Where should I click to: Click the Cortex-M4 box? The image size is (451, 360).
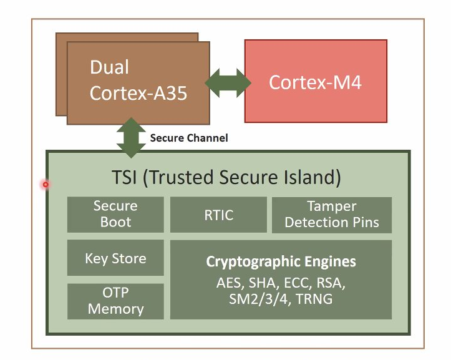coord(316,81)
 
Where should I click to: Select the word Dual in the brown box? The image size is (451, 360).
coord(109,67)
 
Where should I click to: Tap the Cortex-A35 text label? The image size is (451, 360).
coord(138,93)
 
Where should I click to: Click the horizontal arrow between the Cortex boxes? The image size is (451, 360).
coord(228,83)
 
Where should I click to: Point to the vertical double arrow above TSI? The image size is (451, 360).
coord(131,137)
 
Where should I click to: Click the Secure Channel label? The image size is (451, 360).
coord(189,138)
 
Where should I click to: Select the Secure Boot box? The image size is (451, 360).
coord(115,215)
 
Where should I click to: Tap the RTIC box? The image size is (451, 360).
coord(218,215)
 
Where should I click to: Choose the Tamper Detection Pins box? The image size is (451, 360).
coord(332,215)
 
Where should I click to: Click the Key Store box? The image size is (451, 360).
coord(115,258)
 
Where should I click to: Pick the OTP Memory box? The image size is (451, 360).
coord(115,301)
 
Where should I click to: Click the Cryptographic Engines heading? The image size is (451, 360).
coord(281,261)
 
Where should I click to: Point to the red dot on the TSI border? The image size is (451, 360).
coord(46,184)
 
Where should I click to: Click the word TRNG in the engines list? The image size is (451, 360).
coord(314,299)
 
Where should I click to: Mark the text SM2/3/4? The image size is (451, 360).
coord(258,299)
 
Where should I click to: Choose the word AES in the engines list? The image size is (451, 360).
coord(228,283)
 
